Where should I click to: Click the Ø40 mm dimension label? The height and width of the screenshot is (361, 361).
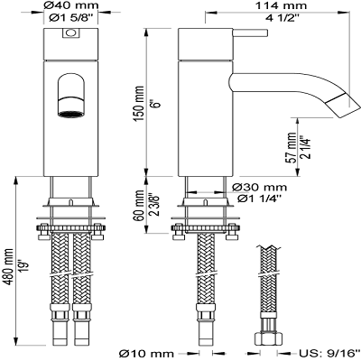(71, 5)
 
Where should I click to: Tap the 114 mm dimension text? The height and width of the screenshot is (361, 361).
(281, 5)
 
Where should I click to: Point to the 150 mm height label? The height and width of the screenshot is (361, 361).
(140, 104)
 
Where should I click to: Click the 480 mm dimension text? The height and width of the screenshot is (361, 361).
(9, 267)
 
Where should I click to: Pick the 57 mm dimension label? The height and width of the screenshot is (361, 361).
(292, 148)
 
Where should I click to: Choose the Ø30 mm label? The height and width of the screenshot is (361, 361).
(260, 188)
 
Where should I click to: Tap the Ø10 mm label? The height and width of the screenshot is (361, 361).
(146, 353)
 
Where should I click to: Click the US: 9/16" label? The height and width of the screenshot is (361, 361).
(329, 353)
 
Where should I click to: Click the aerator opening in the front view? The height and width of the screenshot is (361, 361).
(71, 114)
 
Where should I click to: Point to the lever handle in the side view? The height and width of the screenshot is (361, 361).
(250, 33)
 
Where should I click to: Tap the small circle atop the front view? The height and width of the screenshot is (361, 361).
(71, 32)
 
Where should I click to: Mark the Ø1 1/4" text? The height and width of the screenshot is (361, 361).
(260, 199)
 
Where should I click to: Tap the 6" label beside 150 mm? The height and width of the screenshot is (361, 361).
(156, 104)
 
